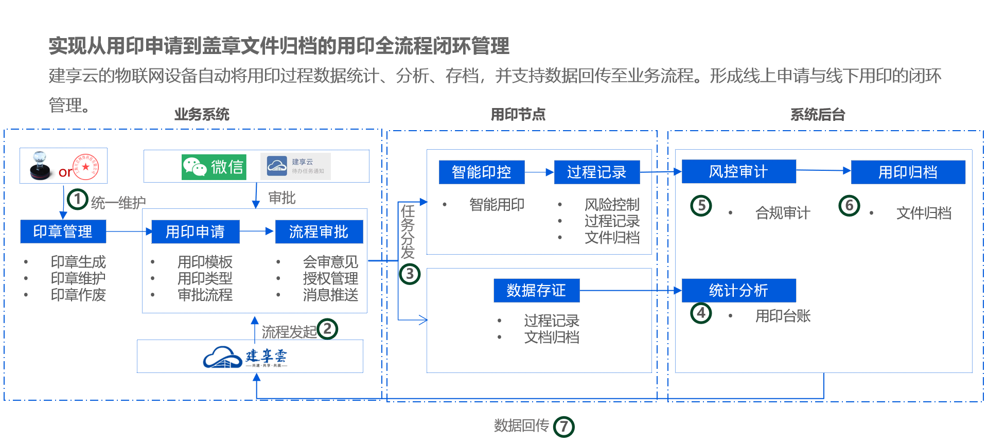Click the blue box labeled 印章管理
(x=63, y=232)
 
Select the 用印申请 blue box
(x=196, y=232)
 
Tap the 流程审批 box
(x=319, y=232)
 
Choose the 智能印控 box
(x=481, y=172)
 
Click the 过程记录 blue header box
(x=596, y=172)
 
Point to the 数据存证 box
(x=536, y=291)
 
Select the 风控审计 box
(x=738, y=171)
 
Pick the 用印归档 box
(x=908, y=172)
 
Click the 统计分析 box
(x=738, y=291)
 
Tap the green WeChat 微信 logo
(x=214, y=167)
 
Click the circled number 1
(x=78, y=199)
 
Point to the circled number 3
(x=410, y=274)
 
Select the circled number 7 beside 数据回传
(x=564, y=426)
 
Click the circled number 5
(x=701, y=206)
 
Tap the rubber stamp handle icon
(x=40, y=165)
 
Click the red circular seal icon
(x=86, y=166)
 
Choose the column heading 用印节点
(x=518, y=114)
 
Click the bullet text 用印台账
(x=783, y=316)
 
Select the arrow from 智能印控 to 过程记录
(x=539, y=172)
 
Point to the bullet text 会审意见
(x=330, y=262)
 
